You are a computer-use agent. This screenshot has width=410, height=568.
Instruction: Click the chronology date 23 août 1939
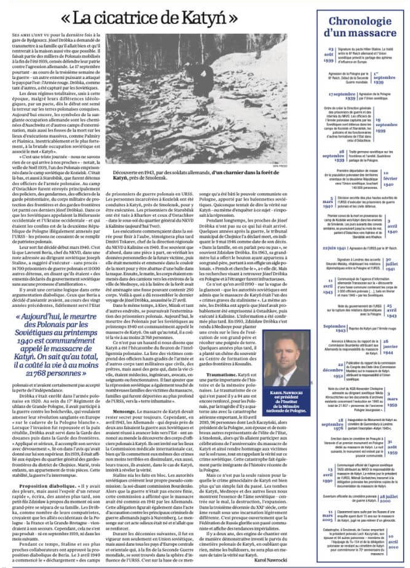tap(330, 53)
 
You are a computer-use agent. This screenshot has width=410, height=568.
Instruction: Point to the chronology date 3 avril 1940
tap(391, 225)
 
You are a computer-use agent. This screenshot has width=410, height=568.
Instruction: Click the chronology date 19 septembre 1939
tap(387, 125)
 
